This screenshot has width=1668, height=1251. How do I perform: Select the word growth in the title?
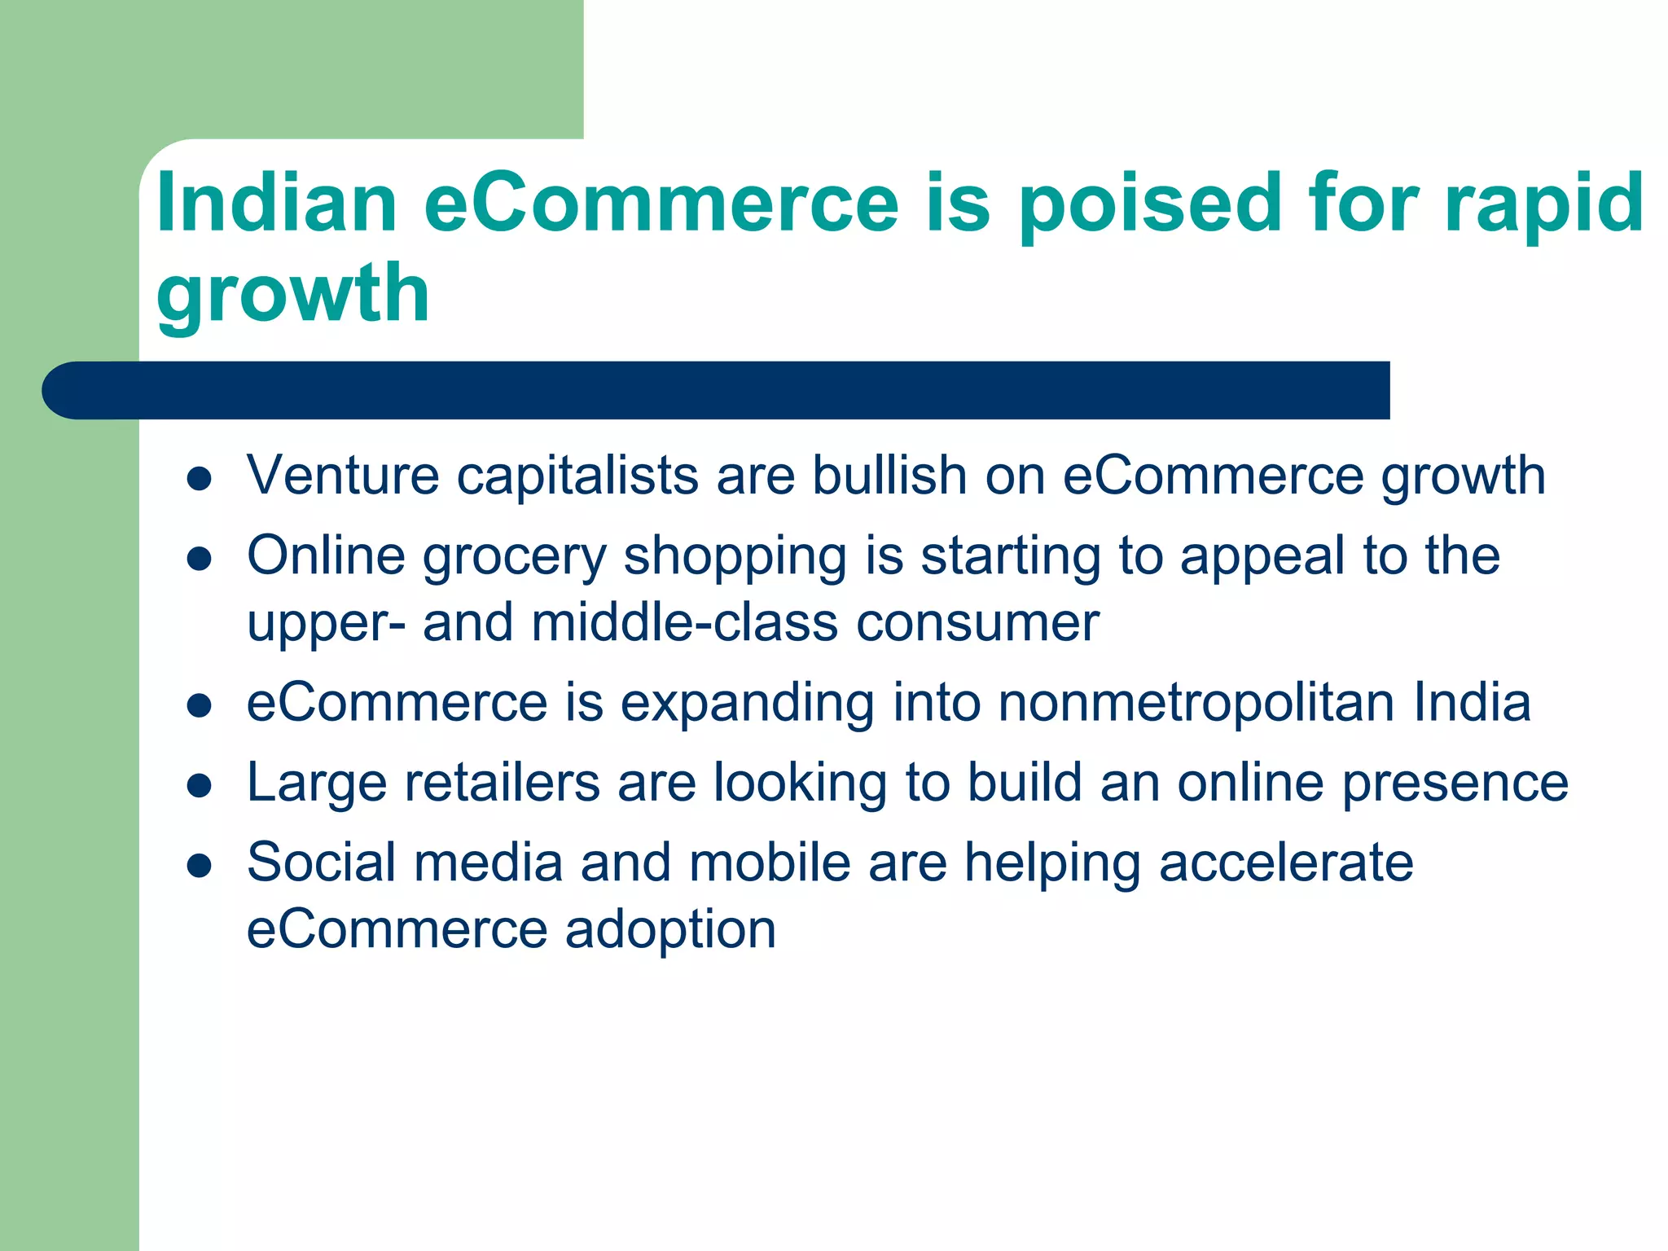[292, 295]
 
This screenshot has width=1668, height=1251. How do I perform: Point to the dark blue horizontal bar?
[717, 390]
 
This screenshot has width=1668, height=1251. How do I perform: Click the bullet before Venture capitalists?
[200, 478]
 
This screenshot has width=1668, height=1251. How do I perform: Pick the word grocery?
[515, 558]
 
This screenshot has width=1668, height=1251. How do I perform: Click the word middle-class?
[685, 623]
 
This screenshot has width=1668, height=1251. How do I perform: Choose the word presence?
[1455, 784]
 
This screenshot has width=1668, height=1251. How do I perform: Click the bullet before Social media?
[200, 866]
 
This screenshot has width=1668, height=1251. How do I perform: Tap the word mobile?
[770, 863]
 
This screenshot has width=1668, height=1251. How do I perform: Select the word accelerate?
[1286, 863]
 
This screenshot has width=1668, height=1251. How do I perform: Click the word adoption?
[670, 930]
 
